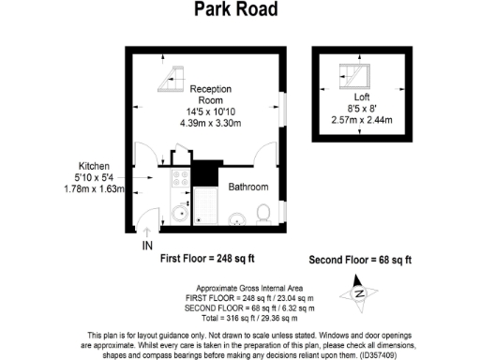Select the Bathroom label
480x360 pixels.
click(248, 187)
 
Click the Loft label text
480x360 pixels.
click(362, 97)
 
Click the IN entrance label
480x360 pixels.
click(147, 246)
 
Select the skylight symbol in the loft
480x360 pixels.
click(353, 75)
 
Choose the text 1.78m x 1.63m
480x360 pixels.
click(94, 188)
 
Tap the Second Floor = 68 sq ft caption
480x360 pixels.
click(360, 259)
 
